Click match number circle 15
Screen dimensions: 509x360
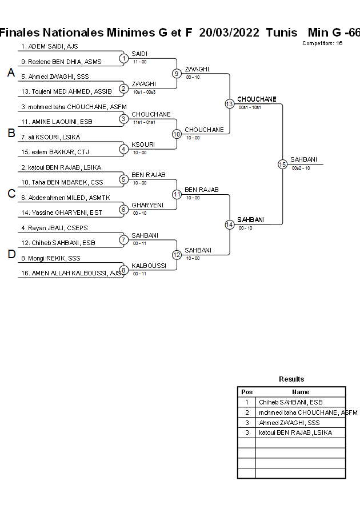click(282, 164)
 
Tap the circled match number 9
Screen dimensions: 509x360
click(177, 73)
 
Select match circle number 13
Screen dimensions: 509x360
click(229, 103)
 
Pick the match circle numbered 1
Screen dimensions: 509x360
click(123, 58)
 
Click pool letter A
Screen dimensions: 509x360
click(11, 73)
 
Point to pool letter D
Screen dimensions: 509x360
click(11, 255)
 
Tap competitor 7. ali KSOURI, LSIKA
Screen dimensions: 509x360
click(50, 137)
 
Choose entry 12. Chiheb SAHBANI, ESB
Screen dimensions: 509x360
click(58, 243)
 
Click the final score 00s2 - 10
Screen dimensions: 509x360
click(301, 168)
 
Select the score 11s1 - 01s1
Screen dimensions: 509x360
click(144, 122)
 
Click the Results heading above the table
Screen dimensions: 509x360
click(291, 379)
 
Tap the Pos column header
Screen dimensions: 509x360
click(247, 392)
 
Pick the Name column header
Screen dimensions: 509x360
click(301, 392)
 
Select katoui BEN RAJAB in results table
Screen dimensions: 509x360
click(295, 433)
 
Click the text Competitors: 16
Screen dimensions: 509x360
click(322, 43)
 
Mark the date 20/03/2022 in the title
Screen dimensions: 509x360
click(229, 33)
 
